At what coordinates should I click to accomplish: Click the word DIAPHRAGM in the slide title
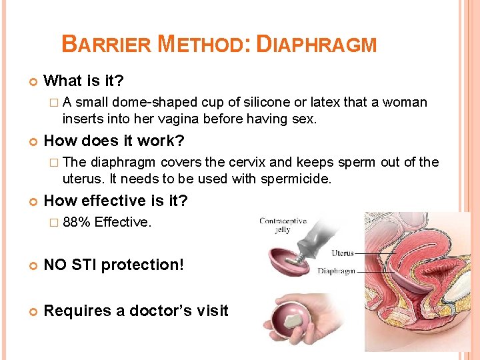pyautogui.click(x=317, y=45)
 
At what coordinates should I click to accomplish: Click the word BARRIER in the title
pyautogui.click(x=107, y=45)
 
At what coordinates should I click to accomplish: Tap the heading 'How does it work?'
pyautogui.click(x=114, y=141)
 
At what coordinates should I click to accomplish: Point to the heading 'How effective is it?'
pyautogui.click(x=115, y=201)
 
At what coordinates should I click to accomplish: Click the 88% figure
pyautogui.click(x=76, y=222)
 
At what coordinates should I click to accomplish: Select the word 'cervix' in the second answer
pyautogui.click(x=246, y=162)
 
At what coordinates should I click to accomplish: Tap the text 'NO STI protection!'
pyautogui.click(x=113, y=265)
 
